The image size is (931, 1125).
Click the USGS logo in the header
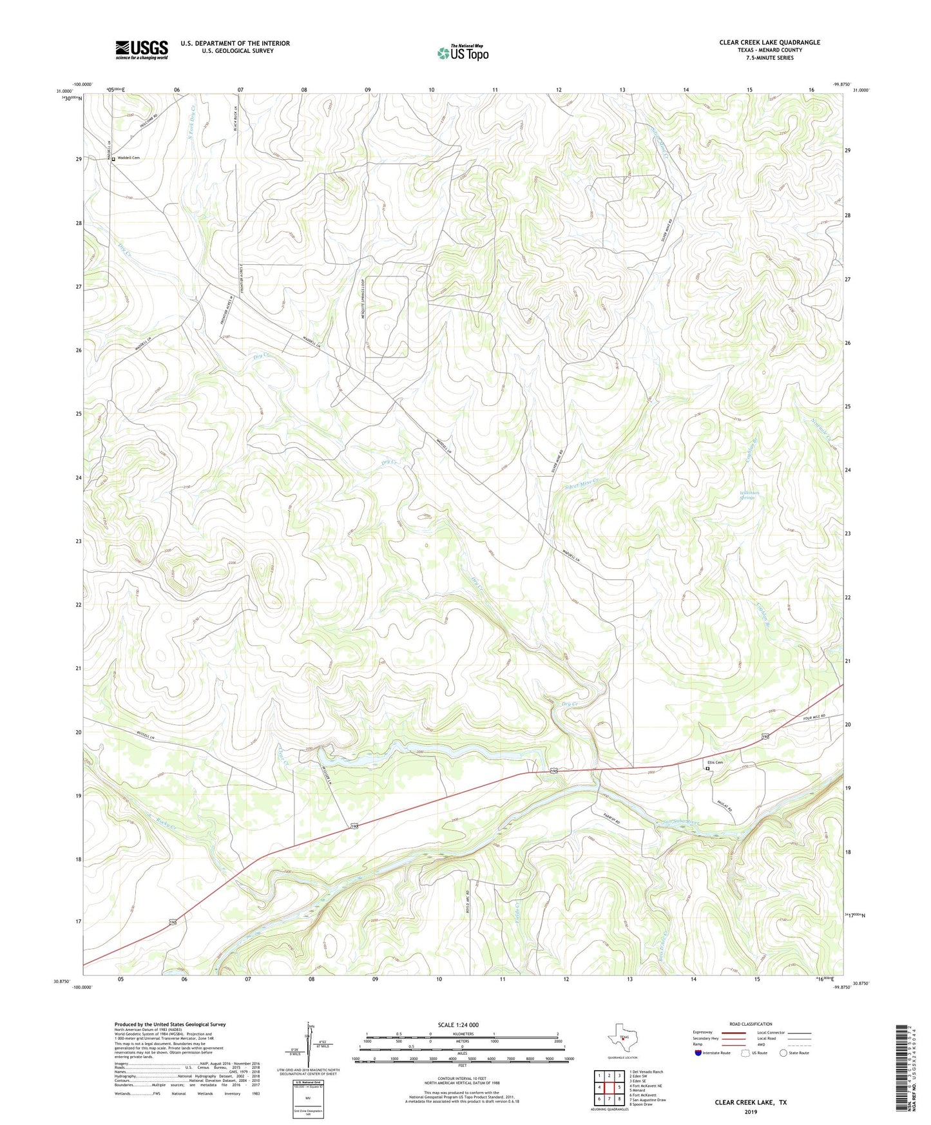[x=142, y=50]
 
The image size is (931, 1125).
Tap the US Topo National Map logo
[x=463, y=53]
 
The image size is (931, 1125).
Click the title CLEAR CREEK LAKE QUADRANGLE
[x=769, y=43]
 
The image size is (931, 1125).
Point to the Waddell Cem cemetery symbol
[x=113, y=159]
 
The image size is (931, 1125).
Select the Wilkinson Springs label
[x=749, y=495]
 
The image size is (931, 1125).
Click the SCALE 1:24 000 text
[x=458, y=1024]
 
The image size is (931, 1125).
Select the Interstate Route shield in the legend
[x=699, y=1053]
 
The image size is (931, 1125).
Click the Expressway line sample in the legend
[x=734, y=1032]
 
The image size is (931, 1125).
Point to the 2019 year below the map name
[x=751, y=1112]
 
